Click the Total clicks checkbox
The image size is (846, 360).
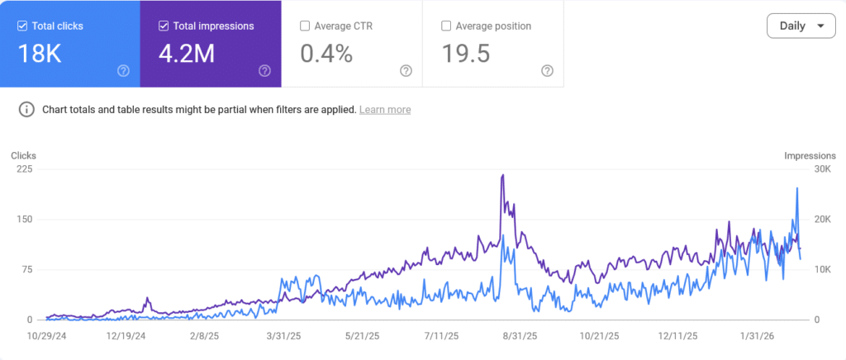[x=22, y=26]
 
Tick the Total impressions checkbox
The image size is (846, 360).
[x=164, y=26]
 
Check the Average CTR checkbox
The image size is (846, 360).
[x=306, y=26]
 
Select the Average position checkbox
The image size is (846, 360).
[x=447, y=26]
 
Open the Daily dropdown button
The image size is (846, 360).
[x=801, y=26]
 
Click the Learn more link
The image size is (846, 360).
[x=385, y=110]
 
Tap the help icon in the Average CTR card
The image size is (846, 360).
[x=406, y=71]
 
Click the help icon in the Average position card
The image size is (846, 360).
[x=547, y=71]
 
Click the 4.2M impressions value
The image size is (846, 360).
[x=188, y=54]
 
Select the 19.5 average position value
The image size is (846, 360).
[x=466, y=54]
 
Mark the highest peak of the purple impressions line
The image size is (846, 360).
[x=502, y=175]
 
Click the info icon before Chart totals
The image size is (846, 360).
[x=27, y=110]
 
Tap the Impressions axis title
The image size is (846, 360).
[x=810, y=155]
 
